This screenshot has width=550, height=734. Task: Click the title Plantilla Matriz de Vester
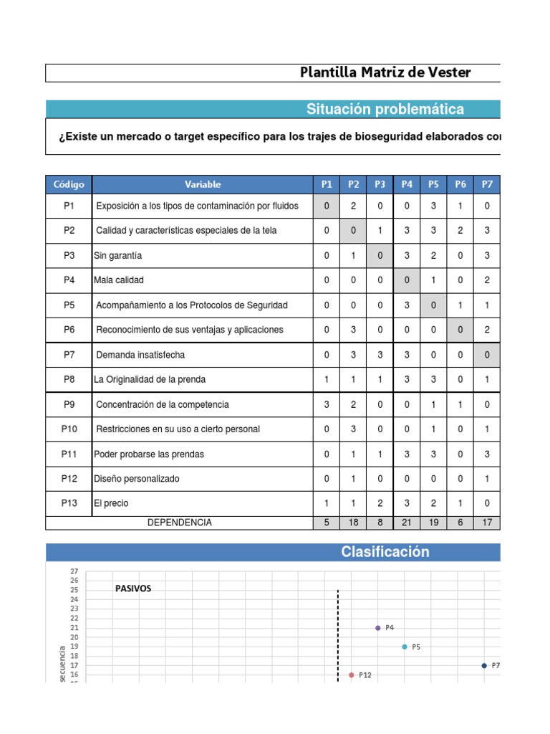pyautogui.click(x=385, y=72)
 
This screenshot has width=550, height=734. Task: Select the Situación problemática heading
pyautogui.click(x=385, y=109)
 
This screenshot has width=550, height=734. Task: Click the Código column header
pyautogui.click(x=69, y=184)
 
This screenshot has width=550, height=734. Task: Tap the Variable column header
pyautogui.click(x=203, y=184)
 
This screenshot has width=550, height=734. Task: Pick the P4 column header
pyautogui.click(x=407, y=184)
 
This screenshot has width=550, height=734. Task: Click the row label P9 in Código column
pyautogui.click(x=69, y=404)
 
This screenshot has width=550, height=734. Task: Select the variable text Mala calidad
pyautogui.click(x=119, y=280)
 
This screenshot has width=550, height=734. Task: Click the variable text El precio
pyautogui.click(x=111, y=503)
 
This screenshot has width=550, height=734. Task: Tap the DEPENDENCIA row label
pyautogui.click(x=179, y=523)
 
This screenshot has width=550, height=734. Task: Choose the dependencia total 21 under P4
pyautogui.click(x=407, y=523)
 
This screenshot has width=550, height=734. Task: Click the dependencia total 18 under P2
pyautogui.click(x=354, y=523)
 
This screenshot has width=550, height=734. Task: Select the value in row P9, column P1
pyautogui.click(x=327, y=404)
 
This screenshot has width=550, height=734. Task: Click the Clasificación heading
pyautogui.click(x=385, y=552)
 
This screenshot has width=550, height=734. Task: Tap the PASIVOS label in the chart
pyautogui.click(x=133, y=588)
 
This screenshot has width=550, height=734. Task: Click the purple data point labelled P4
pyautogui.click(x=378, y=628)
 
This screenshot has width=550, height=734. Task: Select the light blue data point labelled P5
pyautogui.click(x=405, y=647)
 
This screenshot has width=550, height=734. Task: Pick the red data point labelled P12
pyautogui.click(x=351, y=675)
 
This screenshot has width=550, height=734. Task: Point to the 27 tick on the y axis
pyautogui.click(x=73, y=571)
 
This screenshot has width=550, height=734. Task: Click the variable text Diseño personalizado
pyautogui.click(x=137, y=478)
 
